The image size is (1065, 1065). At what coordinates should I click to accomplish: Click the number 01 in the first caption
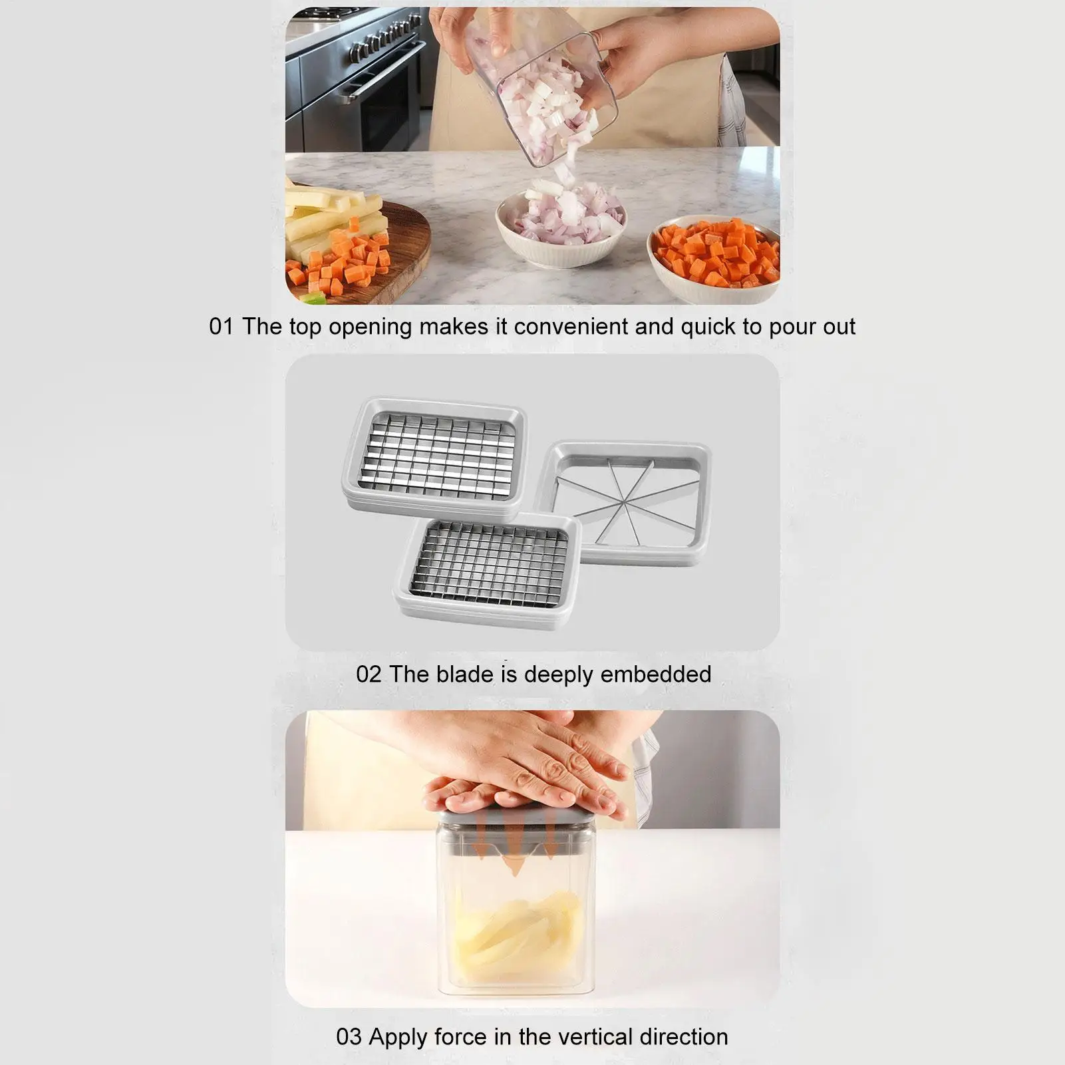[222, 327]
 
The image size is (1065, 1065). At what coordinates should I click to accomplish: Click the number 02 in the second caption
[369, 674]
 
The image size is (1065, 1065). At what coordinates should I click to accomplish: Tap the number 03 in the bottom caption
[349, 1036]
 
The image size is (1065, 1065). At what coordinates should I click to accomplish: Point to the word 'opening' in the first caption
[370, 327]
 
